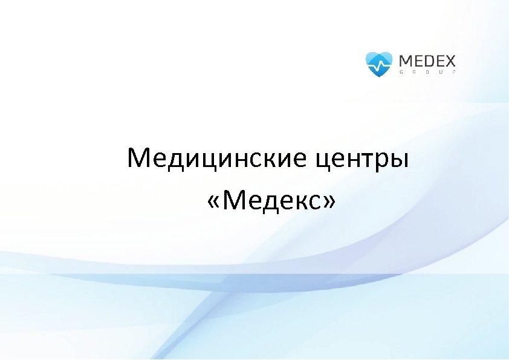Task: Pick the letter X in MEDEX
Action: pyautogui.click(x=450, y=61)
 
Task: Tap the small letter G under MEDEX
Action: pyautogui.click(x=401, y=72)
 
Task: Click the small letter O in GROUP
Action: pyautogui.click(x=427, y=72)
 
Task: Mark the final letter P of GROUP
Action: pyautogui.click(x=454, y=72)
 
